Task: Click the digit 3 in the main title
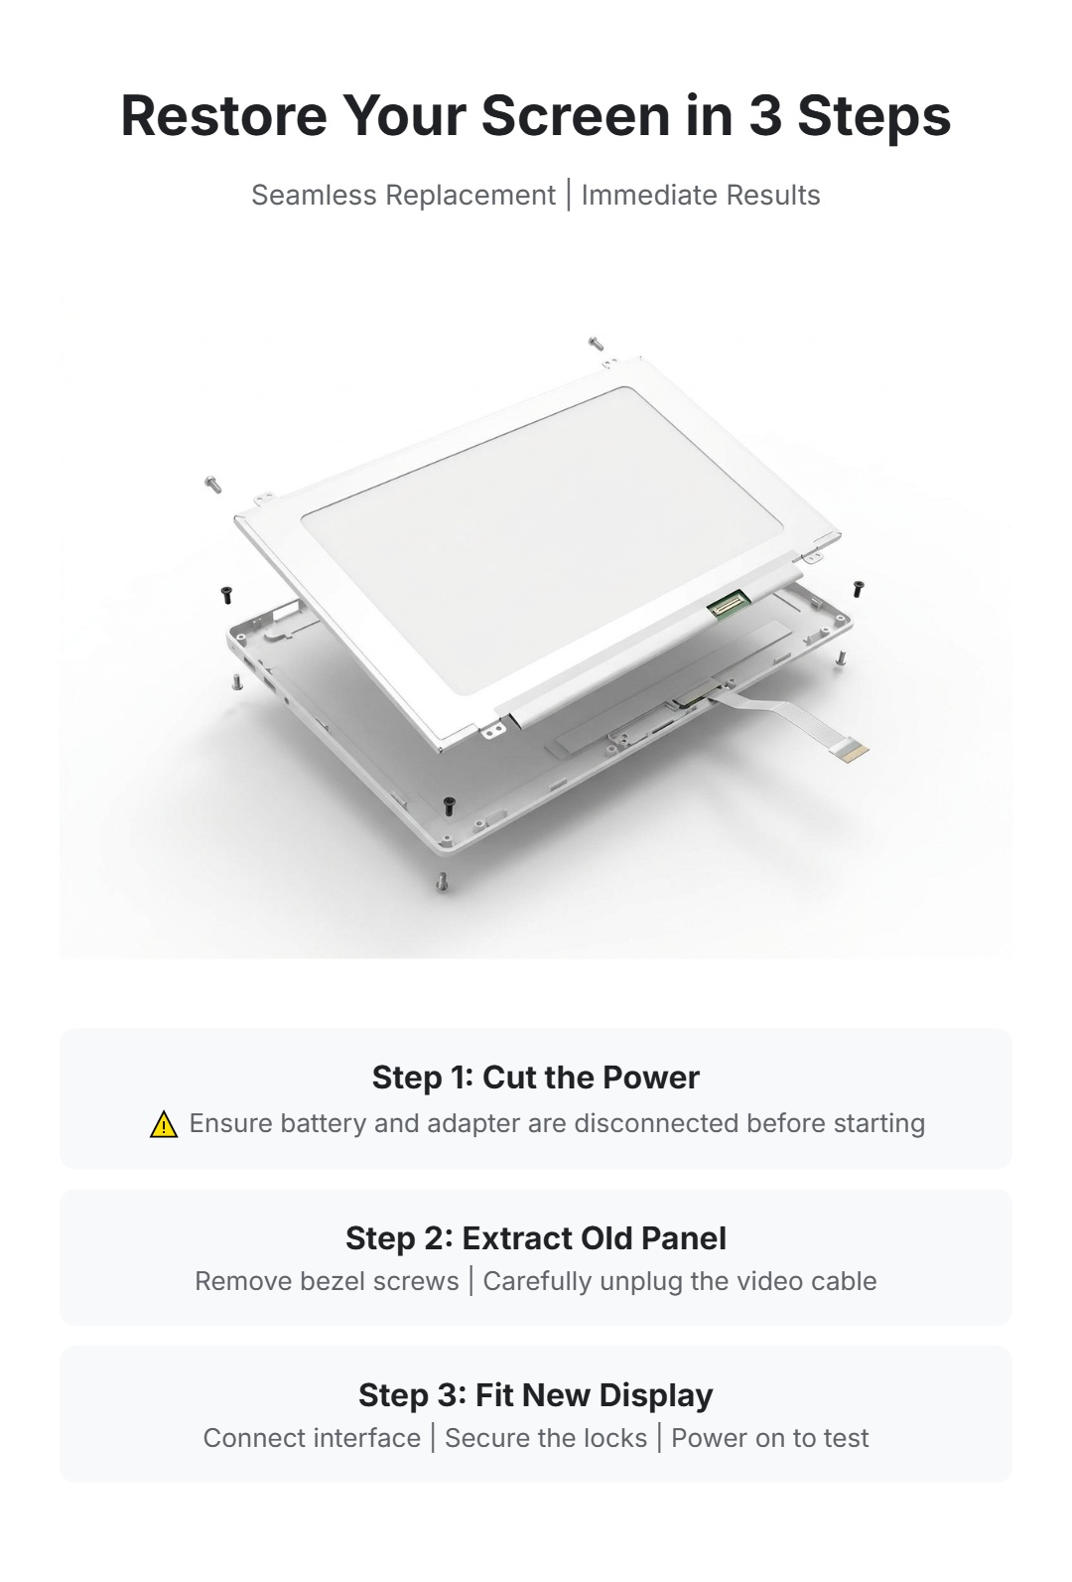click(765, 115)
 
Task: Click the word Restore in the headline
click(223, 115)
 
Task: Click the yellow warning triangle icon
click(164, 1124)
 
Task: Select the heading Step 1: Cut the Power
click(536, 1078)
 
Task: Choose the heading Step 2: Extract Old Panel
click(536, 1238)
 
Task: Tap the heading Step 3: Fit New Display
click(536, 1395)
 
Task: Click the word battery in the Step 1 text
click(324, 1123)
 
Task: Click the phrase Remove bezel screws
click(327, 1281)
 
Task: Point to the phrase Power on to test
click(770, 1438)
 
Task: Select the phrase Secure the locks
click(546, 1438)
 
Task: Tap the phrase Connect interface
click(312, 1438)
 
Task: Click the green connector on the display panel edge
click(728, 603)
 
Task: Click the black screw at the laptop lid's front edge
click(448, 804)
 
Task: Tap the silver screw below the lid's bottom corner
click(443, 882)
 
